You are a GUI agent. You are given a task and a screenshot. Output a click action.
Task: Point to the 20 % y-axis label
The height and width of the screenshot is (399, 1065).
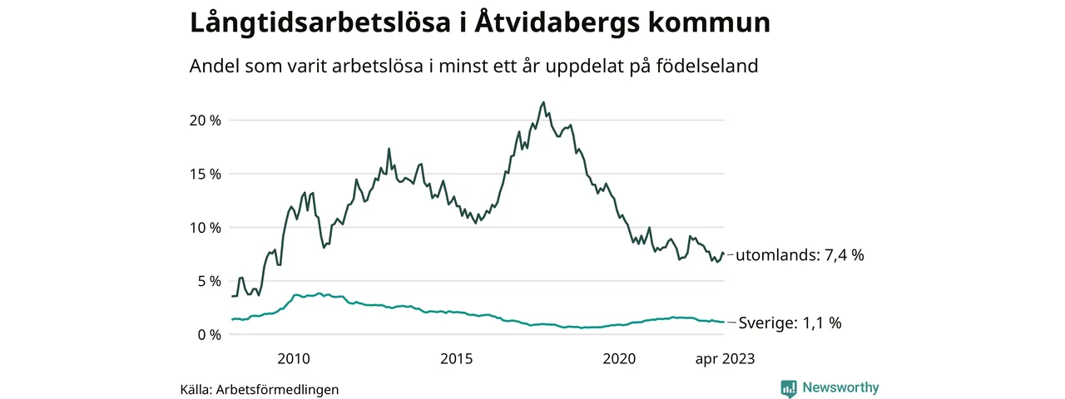point(205,121)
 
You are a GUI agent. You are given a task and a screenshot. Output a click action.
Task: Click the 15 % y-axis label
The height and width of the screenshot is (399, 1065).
point(205,175)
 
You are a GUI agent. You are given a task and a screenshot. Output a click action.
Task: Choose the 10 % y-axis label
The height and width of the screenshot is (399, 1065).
point(205,228)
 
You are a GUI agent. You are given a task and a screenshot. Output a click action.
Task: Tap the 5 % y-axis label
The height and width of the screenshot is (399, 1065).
point(209,281)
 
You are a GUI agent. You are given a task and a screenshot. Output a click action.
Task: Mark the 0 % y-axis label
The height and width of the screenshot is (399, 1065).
point(209,335)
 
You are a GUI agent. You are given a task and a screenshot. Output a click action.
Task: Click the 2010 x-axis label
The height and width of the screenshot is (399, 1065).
point(293,359)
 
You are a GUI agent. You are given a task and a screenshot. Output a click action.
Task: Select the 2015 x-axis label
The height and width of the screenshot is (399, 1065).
point(456,359)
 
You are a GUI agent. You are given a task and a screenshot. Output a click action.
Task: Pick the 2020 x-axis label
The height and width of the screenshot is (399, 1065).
point(619,359)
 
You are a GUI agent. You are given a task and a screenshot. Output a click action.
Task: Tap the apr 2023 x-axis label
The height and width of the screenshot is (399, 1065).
point(725,359)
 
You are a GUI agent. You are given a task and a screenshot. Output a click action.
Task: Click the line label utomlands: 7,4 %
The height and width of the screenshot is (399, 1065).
point(800,256)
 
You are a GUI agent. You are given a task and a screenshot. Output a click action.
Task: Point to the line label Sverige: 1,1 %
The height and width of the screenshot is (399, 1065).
point(790,323)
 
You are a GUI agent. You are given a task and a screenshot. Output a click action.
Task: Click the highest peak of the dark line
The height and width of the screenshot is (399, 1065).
point(543,102)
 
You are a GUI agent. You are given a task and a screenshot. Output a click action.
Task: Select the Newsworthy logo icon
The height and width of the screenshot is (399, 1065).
point(789,388)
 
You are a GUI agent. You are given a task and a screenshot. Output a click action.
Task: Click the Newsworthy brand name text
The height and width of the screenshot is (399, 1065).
point(840,387)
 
